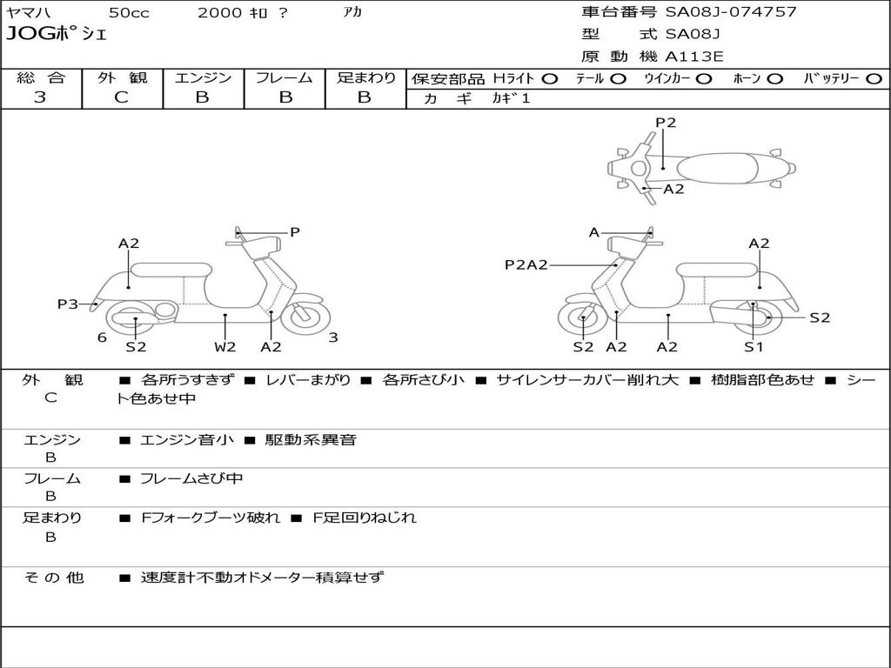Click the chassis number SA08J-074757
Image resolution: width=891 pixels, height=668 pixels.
731,12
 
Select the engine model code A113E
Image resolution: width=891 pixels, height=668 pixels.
693,57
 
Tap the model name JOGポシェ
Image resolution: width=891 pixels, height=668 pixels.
57,34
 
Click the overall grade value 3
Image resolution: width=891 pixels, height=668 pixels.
40,97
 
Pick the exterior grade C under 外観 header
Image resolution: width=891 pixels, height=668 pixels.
121,97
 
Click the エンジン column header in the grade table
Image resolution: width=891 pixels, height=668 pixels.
203,77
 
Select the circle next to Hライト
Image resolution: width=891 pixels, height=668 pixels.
550,79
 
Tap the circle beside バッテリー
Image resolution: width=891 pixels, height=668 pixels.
874,79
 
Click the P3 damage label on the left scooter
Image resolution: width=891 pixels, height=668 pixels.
68,304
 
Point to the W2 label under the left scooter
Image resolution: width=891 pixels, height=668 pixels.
224,346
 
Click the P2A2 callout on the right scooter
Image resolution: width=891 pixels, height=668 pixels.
526,264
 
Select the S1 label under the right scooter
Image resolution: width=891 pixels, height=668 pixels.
754,346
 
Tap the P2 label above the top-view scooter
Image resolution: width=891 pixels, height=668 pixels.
666,123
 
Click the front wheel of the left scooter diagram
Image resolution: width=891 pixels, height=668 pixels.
305,317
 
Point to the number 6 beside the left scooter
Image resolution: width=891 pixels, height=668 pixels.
102,337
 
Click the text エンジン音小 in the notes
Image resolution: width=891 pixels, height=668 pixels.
186,439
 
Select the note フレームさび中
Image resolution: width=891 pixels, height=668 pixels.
191,479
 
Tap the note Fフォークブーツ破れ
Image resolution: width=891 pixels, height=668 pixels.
211,518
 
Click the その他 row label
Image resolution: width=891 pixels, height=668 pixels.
54,578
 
